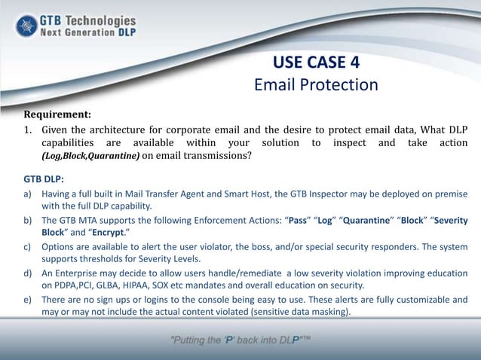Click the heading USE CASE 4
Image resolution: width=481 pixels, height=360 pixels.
pyautogui.click(x=316, y=61)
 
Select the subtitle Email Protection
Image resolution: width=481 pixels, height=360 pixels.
pyautogui.click(x=316, y=84)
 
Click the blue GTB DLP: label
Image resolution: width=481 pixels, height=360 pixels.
pyautogui.click(x=44, y=179)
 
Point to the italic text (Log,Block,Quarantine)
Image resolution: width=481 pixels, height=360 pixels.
pyautogui.click(x=90, y=157)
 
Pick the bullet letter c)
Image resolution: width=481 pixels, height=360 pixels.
pyautogui.click(x=28, y=246)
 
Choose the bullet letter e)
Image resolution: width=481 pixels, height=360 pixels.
pyautogui.click(x=28, y=299)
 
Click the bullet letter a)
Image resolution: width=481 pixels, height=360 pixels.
pyautogui.click(x=28, y=194)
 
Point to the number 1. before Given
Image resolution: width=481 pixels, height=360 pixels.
pyautogui.click(x=29, y=129)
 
